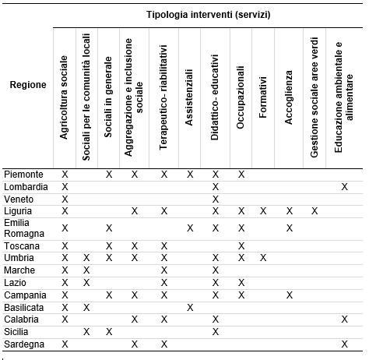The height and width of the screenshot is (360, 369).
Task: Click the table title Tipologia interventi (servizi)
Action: coord(209,15)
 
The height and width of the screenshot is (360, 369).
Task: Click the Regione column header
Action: coord(28,85)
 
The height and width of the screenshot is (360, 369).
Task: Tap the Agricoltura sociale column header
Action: coord(64,97)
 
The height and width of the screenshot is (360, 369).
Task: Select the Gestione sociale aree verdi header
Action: coord(315,97)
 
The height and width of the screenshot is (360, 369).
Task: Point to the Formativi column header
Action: coord(263,97)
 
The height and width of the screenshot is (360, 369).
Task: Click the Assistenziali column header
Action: coord(189,97)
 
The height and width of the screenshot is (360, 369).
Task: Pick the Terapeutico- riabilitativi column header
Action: coord(163,97)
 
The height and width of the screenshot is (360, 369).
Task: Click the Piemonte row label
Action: coord(23,175)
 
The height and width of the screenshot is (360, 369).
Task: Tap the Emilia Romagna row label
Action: coord(24,228)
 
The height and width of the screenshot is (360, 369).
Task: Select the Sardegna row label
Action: coord(24,344)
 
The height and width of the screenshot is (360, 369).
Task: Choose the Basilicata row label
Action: coord(24,308)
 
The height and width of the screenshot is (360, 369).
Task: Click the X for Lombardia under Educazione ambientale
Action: coord(344,187)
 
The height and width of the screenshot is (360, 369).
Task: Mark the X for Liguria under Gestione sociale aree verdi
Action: coord(315,211)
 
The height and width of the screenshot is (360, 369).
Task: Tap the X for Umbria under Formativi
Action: coord(263,258)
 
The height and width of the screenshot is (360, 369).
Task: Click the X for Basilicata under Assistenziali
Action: coord(190,308)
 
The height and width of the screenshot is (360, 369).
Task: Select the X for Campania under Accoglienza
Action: coord(290,295)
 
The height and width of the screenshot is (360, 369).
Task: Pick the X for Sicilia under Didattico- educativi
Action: coord(216,332)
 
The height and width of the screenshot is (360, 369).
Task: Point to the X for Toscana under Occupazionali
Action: coord(241,245)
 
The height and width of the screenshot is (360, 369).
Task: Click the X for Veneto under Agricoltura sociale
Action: coord(65,199)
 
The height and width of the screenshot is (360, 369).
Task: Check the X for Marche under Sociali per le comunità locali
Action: coord(86,270)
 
